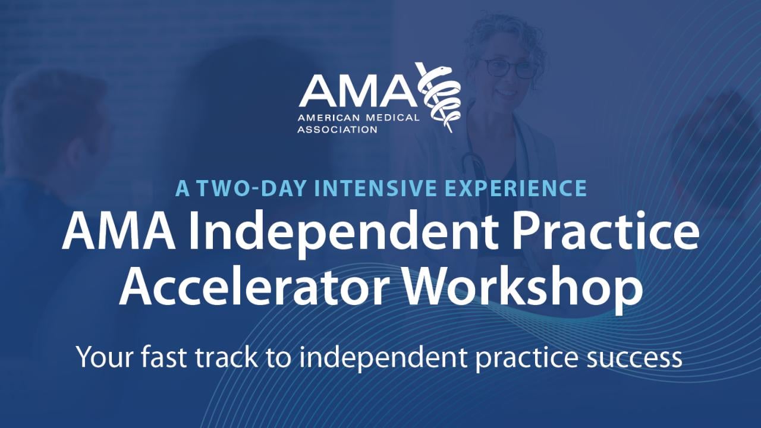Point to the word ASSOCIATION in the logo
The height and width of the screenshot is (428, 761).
tap(338, 129)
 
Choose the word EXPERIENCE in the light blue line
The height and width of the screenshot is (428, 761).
tap(517, 188)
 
